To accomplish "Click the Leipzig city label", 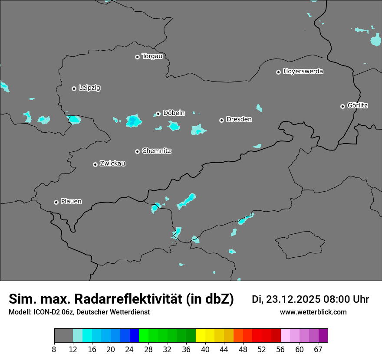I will tap(89, 88).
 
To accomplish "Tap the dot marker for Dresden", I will tap(221, 120).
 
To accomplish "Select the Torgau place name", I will tap(152, 56).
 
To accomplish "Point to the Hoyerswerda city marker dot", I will tap(278, 72).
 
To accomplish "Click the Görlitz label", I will tap(358, 105).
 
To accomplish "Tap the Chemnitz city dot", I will tap(137, 151).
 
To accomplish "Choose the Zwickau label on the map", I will tap(112, 164).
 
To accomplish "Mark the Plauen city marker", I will tap(56, 202).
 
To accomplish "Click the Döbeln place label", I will tap(174, 113).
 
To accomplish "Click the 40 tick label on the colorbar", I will tap(205, 350).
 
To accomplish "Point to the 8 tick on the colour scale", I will tap(54, 350).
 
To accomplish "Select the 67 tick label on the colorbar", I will tap(318, 350).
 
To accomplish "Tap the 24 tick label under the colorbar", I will tap(129, 350).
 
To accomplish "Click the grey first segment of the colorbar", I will tap(63, 336).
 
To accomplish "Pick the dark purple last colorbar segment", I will tap(323, 336).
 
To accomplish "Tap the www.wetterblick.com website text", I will tap(313, 312).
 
